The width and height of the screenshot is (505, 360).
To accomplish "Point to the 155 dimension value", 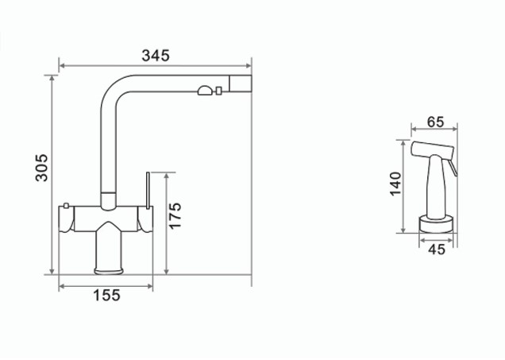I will coord(106,296).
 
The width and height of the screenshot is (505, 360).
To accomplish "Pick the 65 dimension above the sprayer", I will coord(434,122).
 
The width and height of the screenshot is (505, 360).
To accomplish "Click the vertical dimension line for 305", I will coord(54,175).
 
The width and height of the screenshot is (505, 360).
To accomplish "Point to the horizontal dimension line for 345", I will coord(156,65).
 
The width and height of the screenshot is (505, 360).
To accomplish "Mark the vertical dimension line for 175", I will coord(165,223).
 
